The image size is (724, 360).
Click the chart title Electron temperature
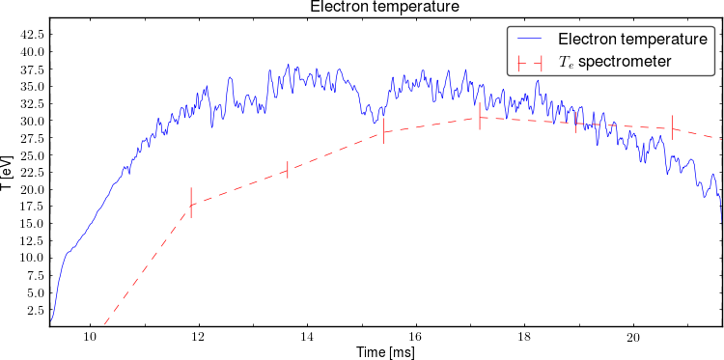(x=384, y=7)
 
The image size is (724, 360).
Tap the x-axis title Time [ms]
(x=385, y=352)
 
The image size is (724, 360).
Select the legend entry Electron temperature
(x=632, y=39)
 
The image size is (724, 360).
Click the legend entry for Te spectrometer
(x=614, y=62)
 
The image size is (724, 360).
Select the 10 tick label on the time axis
(x=90, y=336)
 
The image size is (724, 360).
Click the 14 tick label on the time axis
(x=307, y=336)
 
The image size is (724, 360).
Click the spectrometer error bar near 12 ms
(x=191, y=203)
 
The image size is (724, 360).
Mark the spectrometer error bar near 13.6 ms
(x=288, y=170)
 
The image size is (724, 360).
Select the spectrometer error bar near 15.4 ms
(x=383, y=131)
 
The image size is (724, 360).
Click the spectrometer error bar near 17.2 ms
(x=480, y=117)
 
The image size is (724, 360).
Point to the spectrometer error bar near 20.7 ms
(x=672, y=127)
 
